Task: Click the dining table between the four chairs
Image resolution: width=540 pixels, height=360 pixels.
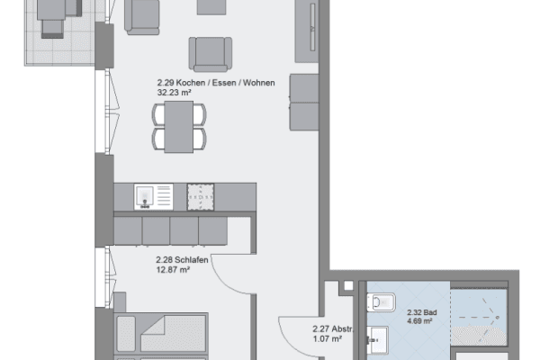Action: [x=179, y=126]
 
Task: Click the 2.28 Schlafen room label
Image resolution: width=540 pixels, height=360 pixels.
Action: [x=183, y=256]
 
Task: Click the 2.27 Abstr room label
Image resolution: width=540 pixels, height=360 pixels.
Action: [x=332, y=329]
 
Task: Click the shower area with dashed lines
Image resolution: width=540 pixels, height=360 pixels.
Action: [x=479, y=314]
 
